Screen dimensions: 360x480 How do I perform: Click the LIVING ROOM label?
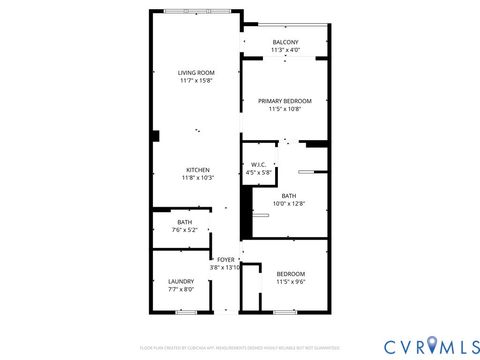[196, 72]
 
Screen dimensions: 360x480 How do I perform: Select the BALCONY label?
[284, 42]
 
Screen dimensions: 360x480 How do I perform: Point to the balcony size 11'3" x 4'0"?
[284, 50]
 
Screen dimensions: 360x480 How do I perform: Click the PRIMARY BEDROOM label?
[284, 101]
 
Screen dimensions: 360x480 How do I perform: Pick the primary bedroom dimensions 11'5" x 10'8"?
[284, 109]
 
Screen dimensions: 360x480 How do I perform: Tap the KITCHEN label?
[196, 170]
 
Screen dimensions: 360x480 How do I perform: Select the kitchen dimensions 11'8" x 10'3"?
[196, 178]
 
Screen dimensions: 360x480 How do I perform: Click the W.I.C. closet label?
[258, 165]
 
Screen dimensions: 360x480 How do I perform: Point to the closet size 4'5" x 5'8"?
[258, 173]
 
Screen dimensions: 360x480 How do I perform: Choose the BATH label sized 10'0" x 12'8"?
[288, 196]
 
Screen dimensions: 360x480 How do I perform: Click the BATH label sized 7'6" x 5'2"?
[185, 222]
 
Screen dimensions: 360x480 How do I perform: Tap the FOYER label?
[226, 259]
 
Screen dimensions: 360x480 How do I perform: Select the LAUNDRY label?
[181, 281]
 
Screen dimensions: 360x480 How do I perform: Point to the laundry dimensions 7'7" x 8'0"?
[181, 289]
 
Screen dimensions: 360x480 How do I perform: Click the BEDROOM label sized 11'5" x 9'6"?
[290, 274]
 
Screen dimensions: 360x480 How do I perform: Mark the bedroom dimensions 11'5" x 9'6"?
[290, 282]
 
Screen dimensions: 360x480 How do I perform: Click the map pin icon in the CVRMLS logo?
[432, 346]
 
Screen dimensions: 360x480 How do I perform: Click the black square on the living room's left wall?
[155, 136]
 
